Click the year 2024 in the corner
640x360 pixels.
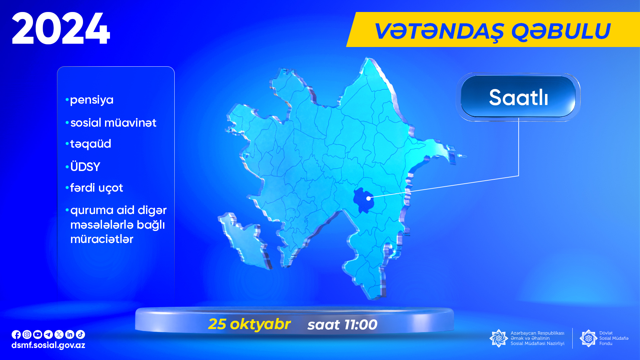tap(61, 28)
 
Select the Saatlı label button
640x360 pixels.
tap(518, 97)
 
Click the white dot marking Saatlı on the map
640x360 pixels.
tap(368, 198)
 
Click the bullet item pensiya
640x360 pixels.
tap(90, 100)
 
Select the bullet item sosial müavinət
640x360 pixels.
tap(111, 123)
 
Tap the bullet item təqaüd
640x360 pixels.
tap(88, 144)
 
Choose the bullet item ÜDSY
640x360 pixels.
tap(83, 166)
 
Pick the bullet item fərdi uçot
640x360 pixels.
tap(94, 188)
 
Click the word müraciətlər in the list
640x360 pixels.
tap(102, 239)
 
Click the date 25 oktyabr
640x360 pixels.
tap(249, 324)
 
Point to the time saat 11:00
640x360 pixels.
tap(342, 325)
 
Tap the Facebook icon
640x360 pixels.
tap(16, 334)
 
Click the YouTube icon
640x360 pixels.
tap(38, 334)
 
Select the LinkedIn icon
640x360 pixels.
tap(70, 334)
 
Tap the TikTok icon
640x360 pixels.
tap(80, 334)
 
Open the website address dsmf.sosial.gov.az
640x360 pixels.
tap(48, 345)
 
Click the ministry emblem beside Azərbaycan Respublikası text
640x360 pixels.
tap(499, 338)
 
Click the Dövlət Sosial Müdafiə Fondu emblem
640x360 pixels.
tap(589, 338)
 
